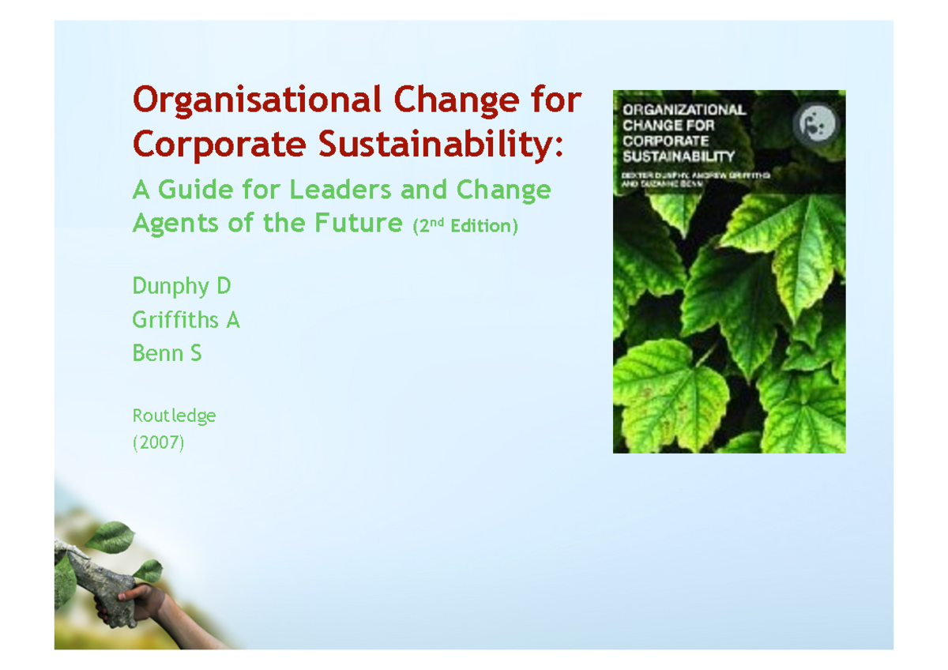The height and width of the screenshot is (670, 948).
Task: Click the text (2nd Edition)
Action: [465, 226]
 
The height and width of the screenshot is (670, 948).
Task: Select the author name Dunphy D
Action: [181, 286]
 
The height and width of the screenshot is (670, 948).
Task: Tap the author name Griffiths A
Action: [186, 320]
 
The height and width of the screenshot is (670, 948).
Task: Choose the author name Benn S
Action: [167, 353]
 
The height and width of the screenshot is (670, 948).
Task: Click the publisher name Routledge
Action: [174, 415]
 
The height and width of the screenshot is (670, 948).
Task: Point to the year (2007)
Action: [158, 443]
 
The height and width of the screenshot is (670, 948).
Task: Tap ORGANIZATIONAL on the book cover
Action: [684, 110]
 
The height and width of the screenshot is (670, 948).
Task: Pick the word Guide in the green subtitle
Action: [194, 190]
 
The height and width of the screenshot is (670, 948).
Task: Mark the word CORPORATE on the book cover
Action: [665, 141]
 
